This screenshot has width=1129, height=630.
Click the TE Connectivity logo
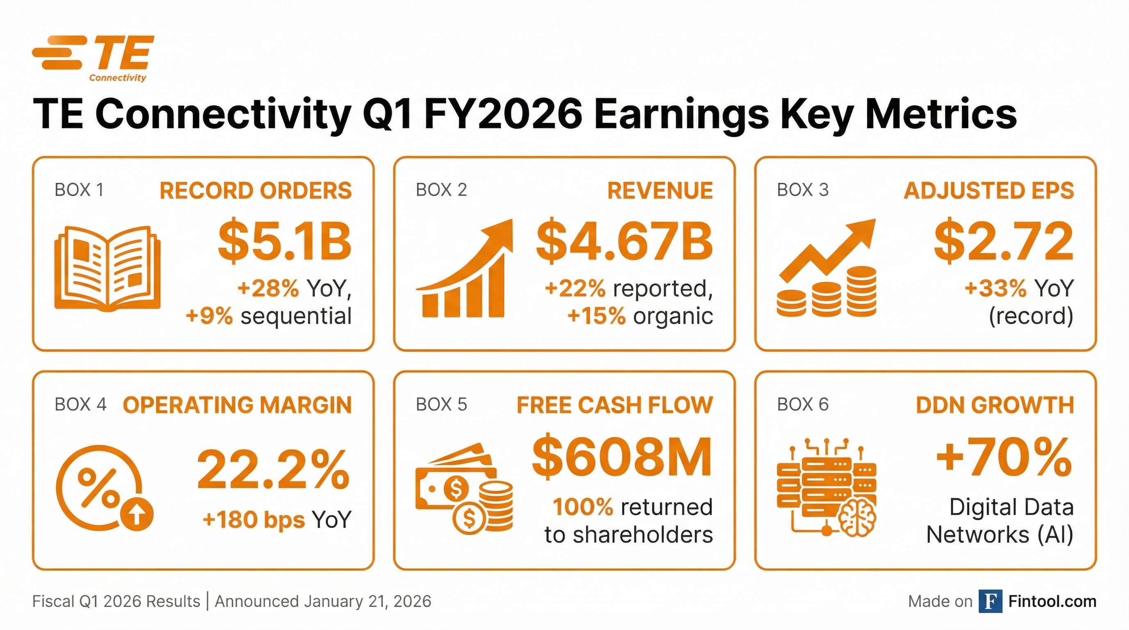(93, 58)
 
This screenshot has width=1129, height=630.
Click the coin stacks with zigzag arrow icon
(827, 268)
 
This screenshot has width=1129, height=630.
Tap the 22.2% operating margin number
(274, 469)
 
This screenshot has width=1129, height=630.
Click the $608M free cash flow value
(622, 457)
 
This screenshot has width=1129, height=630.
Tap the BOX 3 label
(802, 190)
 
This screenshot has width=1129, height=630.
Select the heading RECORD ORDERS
(256, 191)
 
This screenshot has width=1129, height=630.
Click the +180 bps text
(253, 520)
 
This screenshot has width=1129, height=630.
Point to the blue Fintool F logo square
(990, 601)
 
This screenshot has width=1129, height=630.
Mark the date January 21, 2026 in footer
(368, 602)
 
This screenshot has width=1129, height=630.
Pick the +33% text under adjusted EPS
(995, 288)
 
